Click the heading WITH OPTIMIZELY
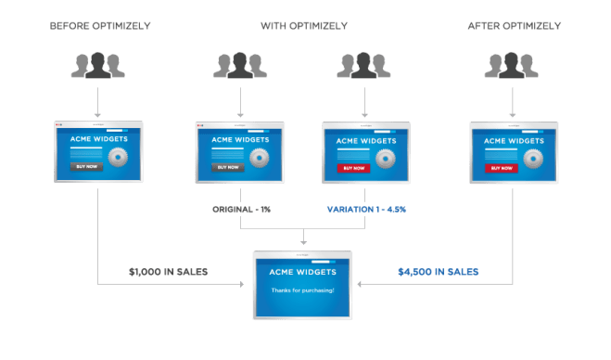pyautogui.click(x=304, y=25)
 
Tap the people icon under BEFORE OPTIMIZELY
pyautogui.click(x=97, y=66)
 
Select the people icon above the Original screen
pyautogui.click(x=240, y=66)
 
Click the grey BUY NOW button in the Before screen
pyautogui.click(x=86, y=167)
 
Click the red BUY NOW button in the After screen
pyautogui.click(x=502, y=168)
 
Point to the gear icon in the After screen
pyautogui.click(x=533, y=158)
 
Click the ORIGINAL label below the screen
pyautogui.click(x=240, y=210)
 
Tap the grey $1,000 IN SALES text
pyautogui.click(x=168, y=272)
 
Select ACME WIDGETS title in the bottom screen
pyautogui.click(x=303, y=274)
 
